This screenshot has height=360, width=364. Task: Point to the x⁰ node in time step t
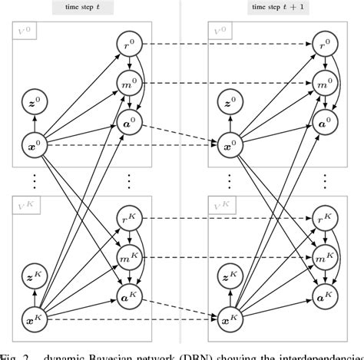[x=33, y=143]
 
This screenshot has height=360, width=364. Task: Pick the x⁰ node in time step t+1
[x=228, y=143]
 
